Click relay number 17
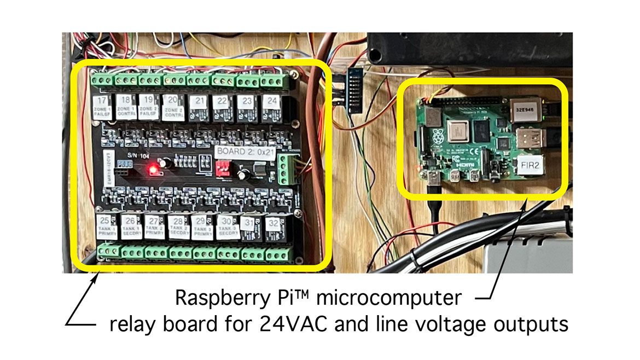point(102,107)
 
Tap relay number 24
point(271,107)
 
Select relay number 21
point(199,107)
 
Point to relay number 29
point(201,227)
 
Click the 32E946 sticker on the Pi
point(527,108)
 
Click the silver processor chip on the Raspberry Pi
point(458,130)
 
